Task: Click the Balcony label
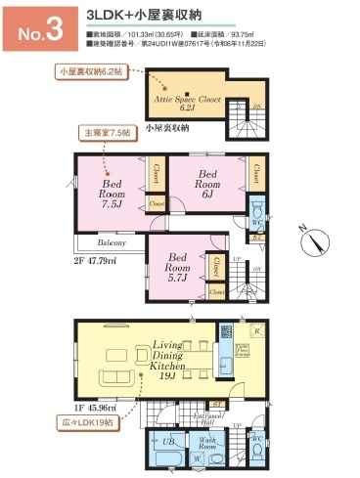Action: click(110, 241)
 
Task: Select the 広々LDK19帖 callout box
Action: click(88, 423)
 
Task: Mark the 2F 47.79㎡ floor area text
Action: click(93, 261)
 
